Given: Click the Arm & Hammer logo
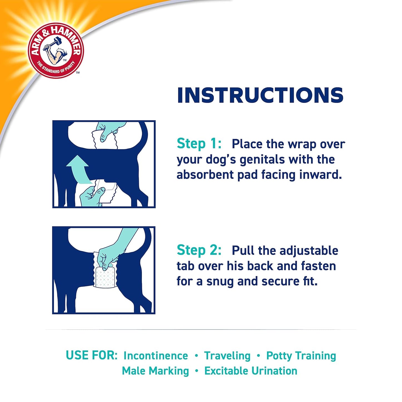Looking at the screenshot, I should tap(56, 50).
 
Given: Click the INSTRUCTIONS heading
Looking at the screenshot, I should tap(260, 95).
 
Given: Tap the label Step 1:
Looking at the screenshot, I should tap(199, 144).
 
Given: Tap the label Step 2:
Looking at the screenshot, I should tap(199, 250).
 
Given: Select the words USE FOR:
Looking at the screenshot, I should tap(92, 356).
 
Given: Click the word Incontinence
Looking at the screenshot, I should tap(156, 356).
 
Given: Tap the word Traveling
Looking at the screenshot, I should tap(227, 356).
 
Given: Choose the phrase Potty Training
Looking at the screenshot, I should tap(301, 356).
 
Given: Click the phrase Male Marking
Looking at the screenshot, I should tap(155, 371).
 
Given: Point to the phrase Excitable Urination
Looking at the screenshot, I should tap(251, 371).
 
